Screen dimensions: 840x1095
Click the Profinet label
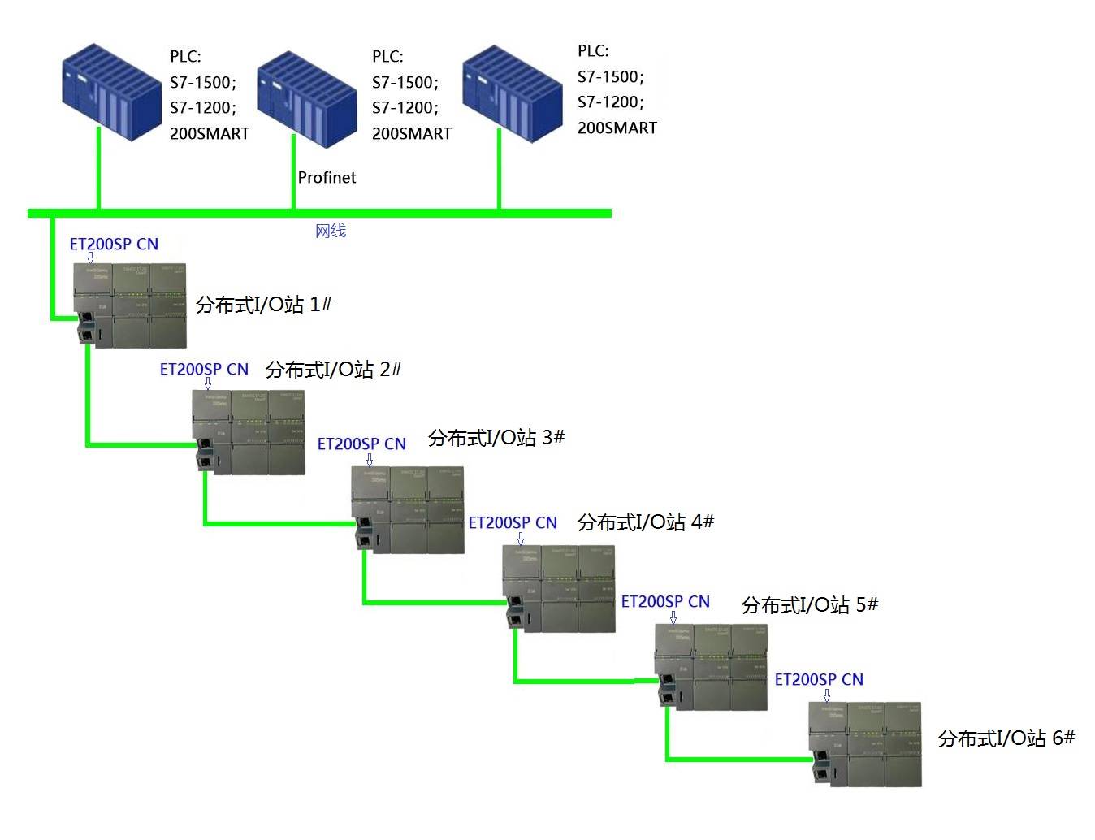point(327,177)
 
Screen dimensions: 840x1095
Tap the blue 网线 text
point(331,231)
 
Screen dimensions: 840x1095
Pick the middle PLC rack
point(306,98)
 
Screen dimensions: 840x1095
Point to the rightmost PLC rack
point(512,93)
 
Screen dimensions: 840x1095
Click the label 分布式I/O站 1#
point(264,305)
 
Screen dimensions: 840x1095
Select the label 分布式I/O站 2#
point(334,370)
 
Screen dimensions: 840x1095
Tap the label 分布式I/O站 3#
point(496,438)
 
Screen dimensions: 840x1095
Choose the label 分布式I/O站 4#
point(646,522)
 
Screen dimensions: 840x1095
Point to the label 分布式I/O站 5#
point(810,605)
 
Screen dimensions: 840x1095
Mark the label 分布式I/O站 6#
point(1006,738)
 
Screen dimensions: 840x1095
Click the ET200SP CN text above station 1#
point(114,244)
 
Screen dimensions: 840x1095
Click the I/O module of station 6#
point(866,744)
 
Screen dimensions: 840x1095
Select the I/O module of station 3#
point(408,510)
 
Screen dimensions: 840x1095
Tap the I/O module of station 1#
point(130,305)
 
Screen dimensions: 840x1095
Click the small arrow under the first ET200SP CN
point(90,258)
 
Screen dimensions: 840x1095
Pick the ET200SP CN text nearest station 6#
point(819,679)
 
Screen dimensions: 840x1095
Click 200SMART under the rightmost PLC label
point(617,128)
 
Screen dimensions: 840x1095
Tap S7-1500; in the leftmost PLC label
point(203,82)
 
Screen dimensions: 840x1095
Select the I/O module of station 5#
point(712,667)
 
